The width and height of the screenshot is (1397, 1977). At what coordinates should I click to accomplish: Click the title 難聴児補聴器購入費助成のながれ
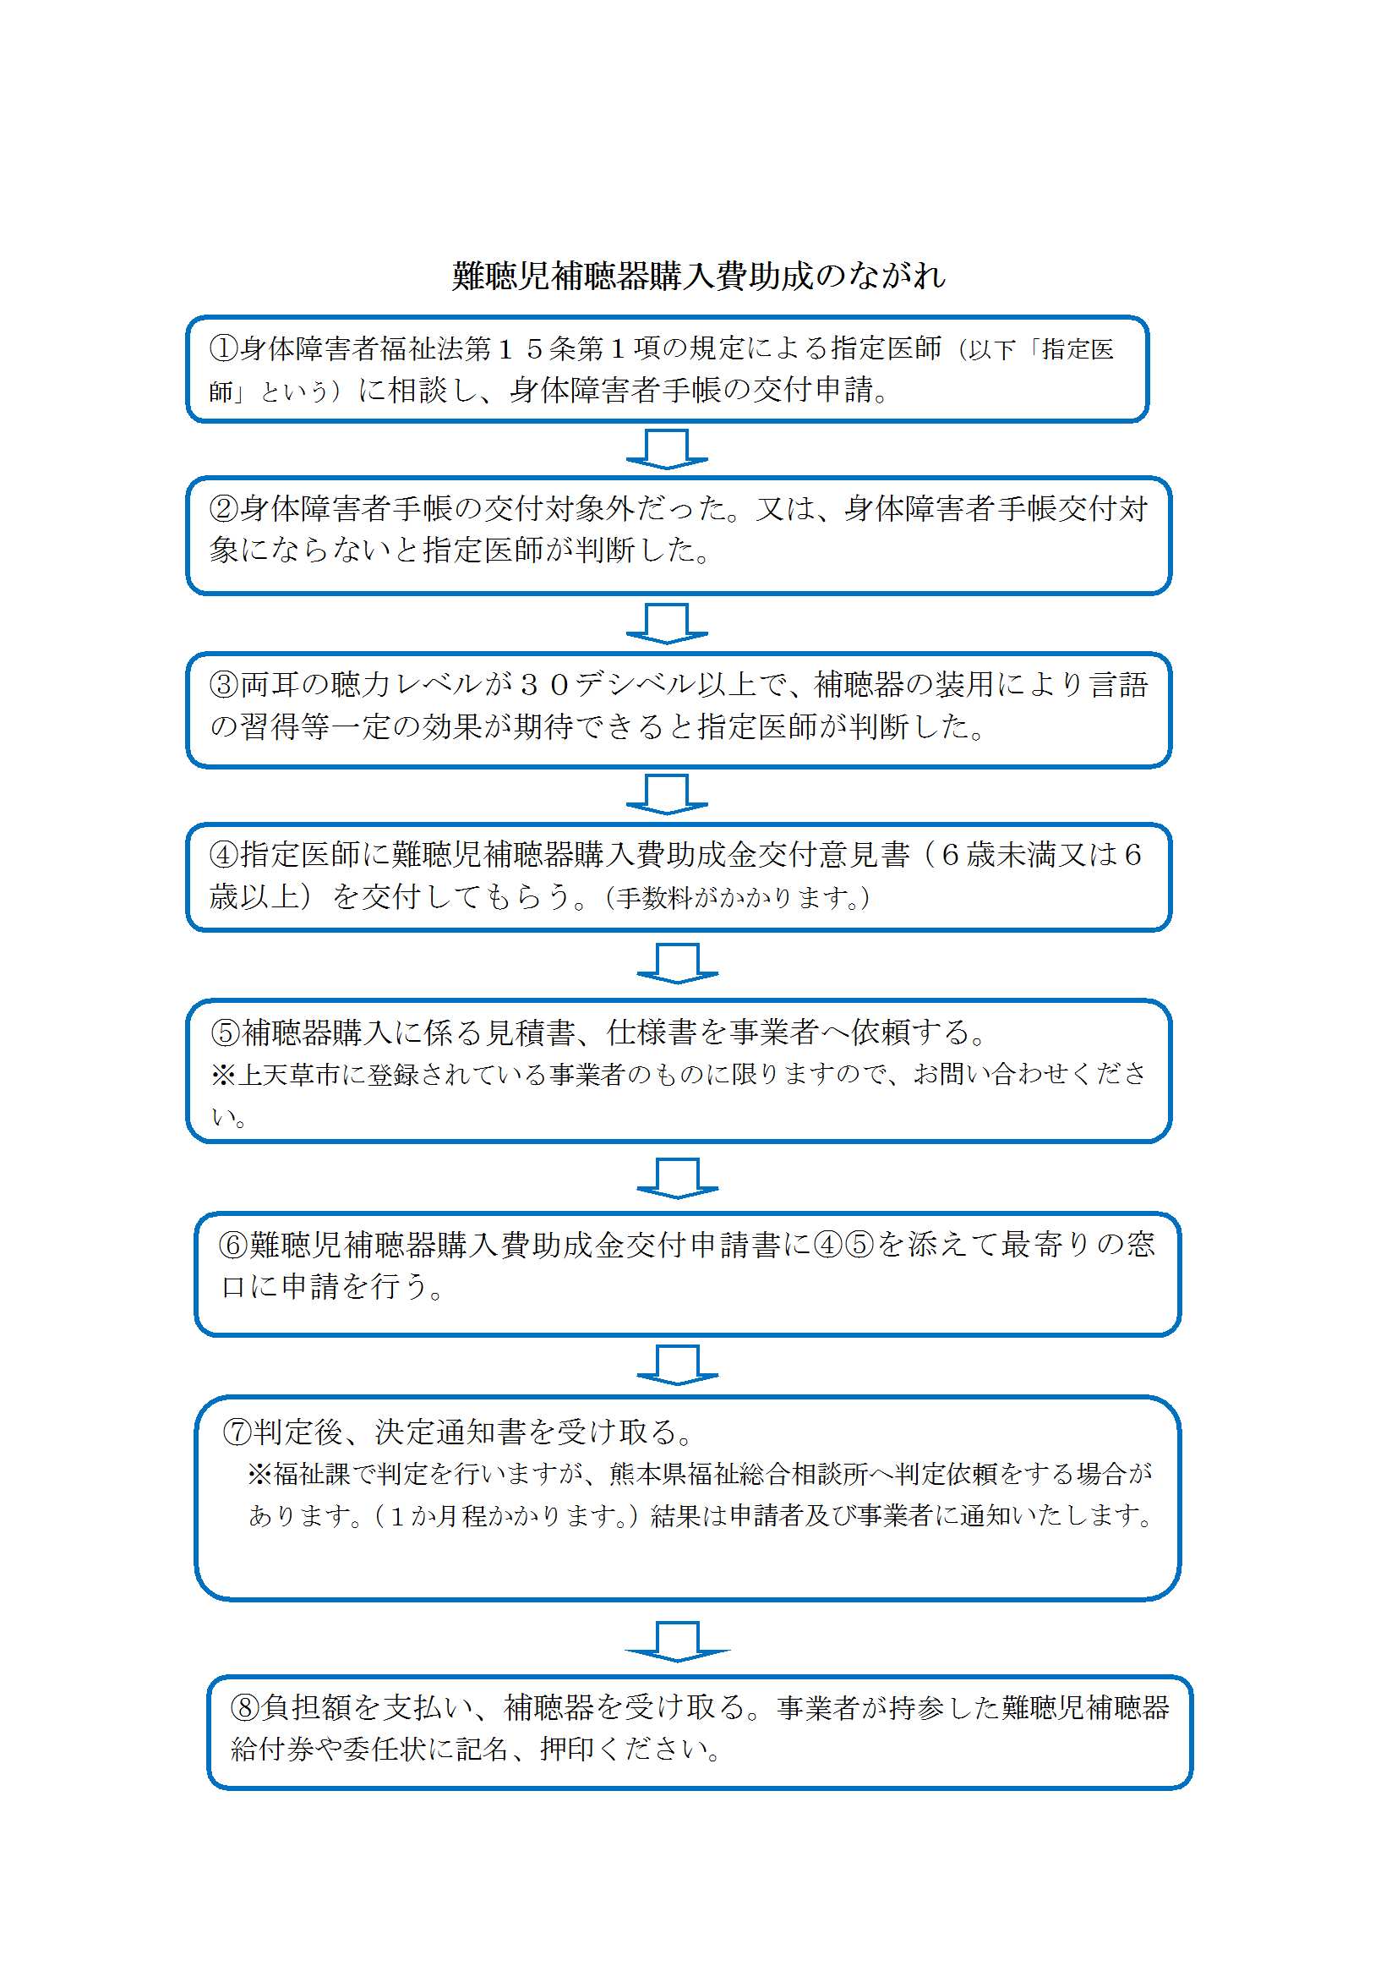pyautogui.click(x=698, y=276)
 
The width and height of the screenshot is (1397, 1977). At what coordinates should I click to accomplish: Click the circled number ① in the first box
pyautogui.click(x=224, y=348)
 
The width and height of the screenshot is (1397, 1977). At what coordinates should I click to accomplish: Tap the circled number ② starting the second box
pyautogui.click(x=224, y=509)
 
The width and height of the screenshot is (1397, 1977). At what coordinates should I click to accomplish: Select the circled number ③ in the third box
pyautogui.click(x=224, y=685)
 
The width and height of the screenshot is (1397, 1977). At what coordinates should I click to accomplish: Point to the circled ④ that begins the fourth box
pyautogui.click(x=224, y=855)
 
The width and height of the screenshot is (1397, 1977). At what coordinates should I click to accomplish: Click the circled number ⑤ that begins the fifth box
pyautogui.click(x=226, y=1032)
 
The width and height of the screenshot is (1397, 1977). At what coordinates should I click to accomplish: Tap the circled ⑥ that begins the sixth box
pyautogui.click(x=234, y=1245)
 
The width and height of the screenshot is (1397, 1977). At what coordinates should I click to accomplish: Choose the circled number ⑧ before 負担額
pyautogui.click(x=245, y=1707)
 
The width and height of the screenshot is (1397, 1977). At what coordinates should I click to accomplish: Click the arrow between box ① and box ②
pyautogui.click(x=667, y=450)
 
